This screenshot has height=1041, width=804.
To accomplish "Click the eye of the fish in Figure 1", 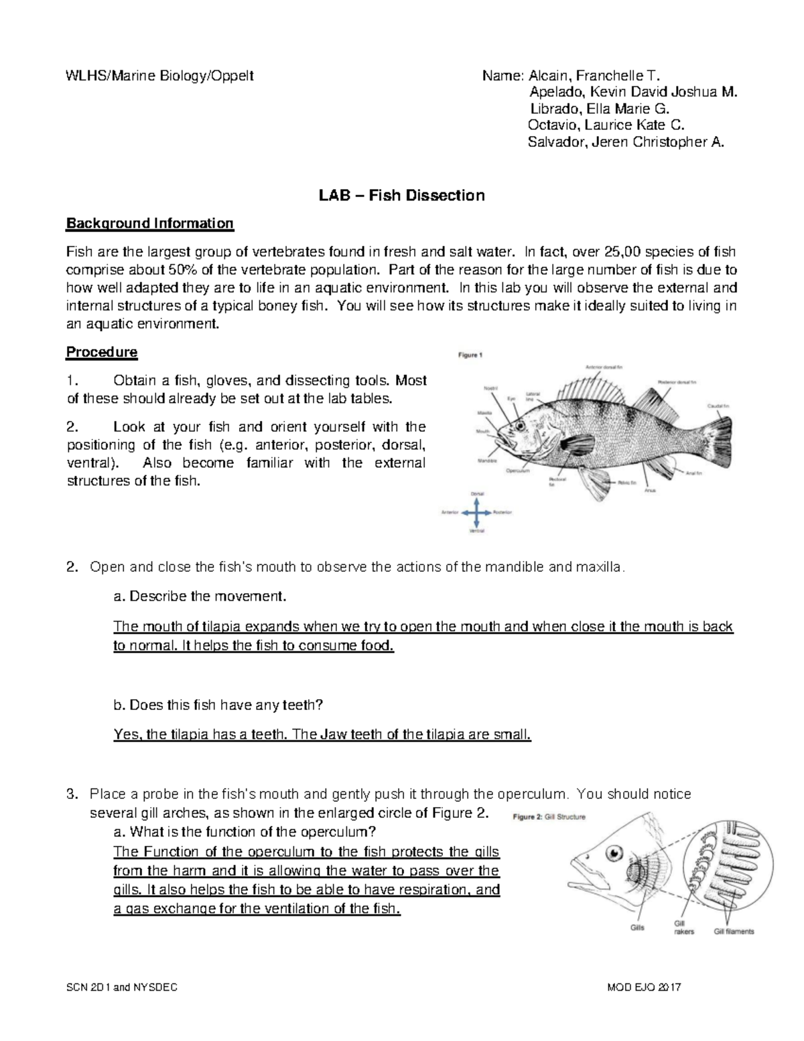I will point(520,425).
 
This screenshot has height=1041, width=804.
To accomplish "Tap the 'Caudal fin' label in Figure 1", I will point(718,406).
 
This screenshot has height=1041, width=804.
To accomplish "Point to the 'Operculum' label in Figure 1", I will point(517,471).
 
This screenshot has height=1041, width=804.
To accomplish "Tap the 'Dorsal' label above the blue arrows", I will point(476,494).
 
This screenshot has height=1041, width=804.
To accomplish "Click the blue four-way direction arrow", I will point(476,513).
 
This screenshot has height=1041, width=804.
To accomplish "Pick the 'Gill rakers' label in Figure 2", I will point(683,927).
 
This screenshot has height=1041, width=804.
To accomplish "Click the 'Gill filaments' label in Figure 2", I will point(734,931).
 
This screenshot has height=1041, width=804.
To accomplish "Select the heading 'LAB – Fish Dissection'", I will point(401,196).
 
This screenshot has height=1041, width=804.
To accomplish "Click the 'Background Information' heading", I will point(149,223).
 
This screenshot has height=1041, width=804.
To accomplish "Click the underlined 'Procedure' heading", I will point(101,352).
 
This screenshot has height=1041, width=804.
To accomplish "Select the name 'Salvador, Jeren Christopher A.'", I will point(626,142).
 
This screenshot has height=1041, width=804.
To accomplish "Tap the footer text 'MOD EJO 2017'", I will point(643,988).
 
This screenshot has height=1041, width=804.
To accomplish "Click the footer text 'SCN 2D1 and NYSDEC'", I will point(122,988).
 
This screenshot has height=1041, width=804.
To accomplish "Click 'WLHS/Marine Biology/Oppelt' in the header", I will point(159,75).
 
